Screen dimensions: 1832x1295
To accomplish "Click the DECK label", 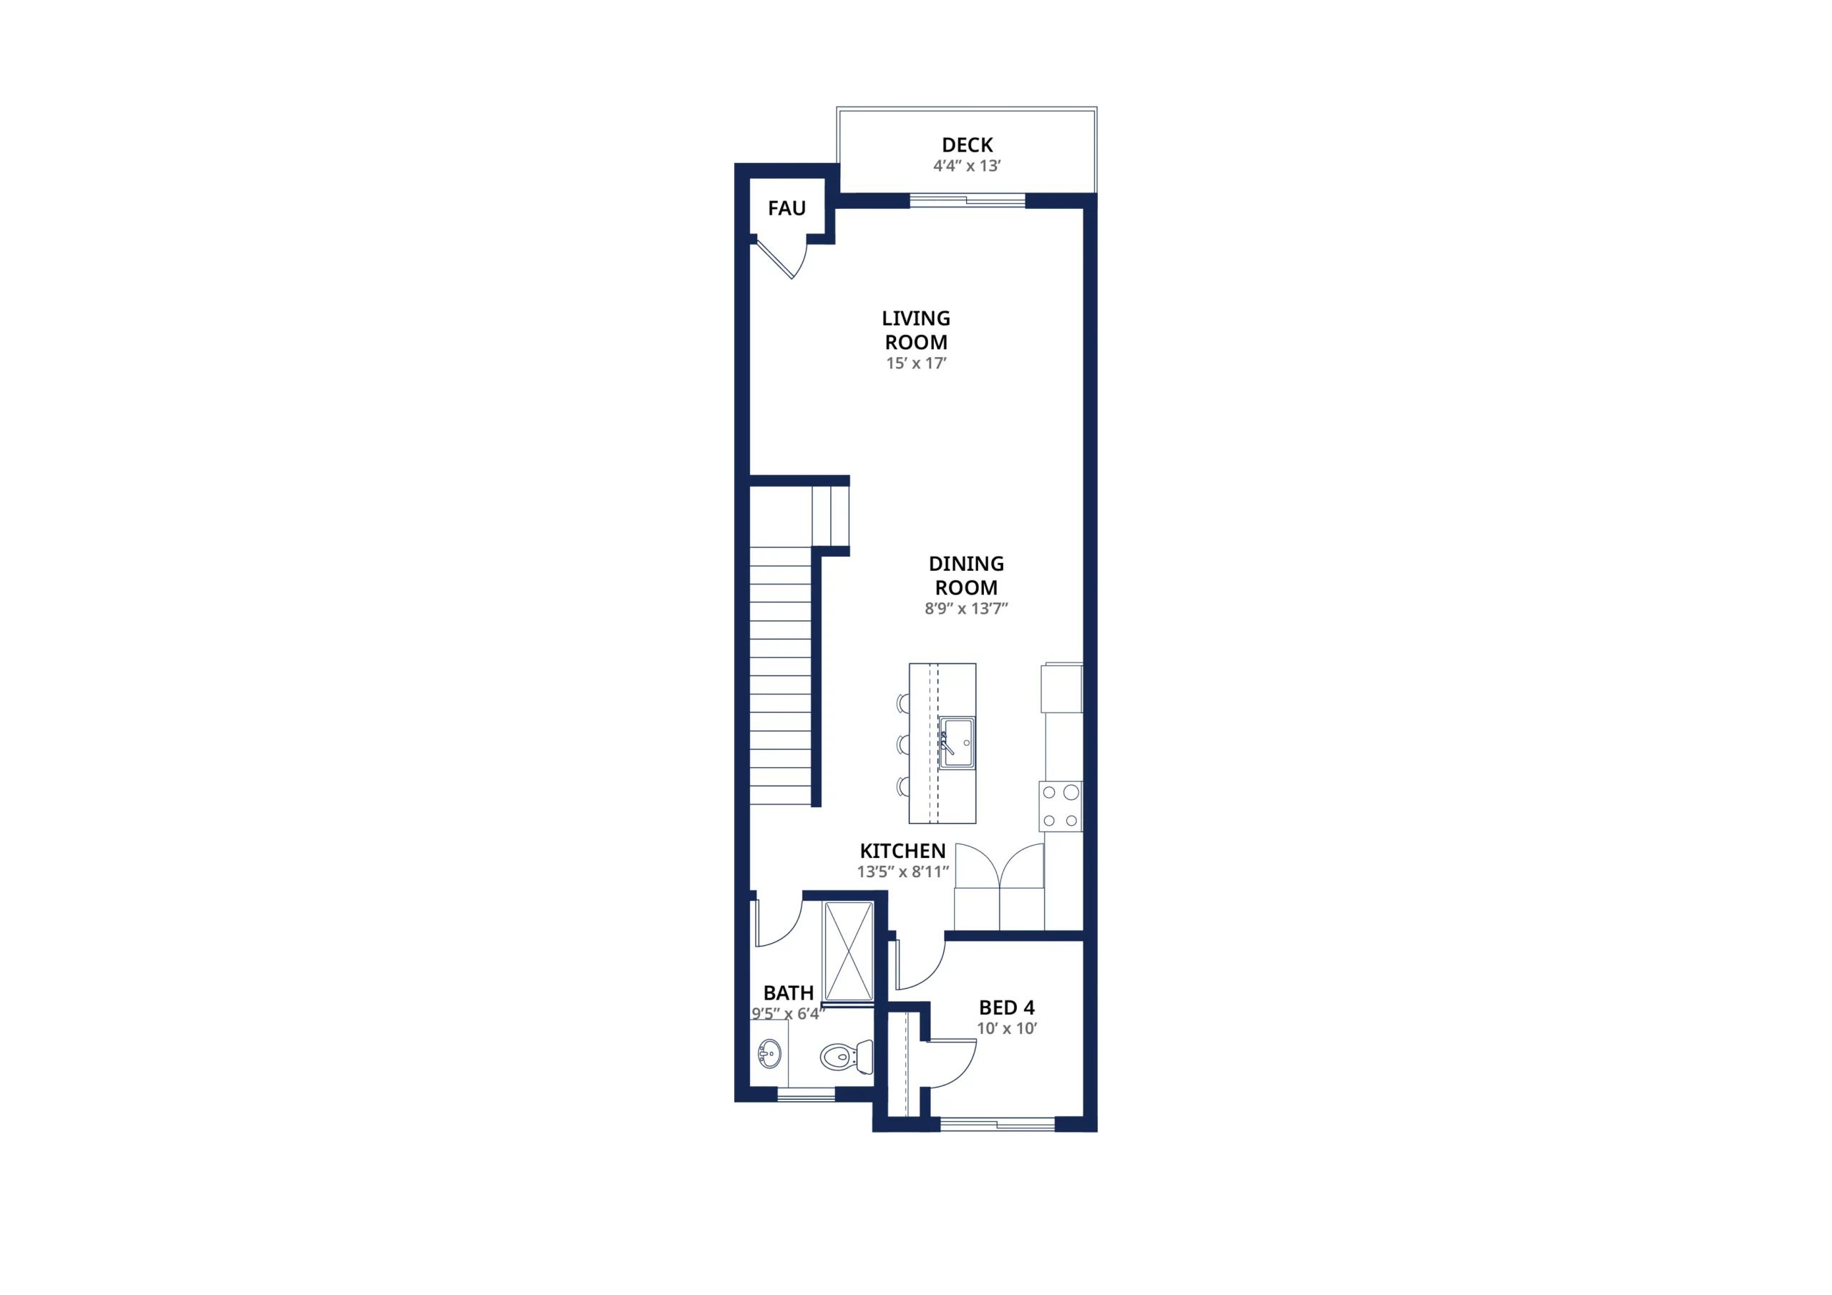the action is pyautogui.click(x=967, y=145).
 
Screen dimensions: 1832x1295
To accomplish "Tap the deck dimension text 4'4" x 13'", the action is pyautogui.click(x=967, y=166).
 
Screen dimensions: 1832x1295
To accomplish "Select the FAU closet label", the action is pyautogui.click(x=786, y=208).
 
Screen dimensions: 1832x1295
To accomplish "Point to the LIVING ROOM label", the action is pyautogui.click(x=916, y=331).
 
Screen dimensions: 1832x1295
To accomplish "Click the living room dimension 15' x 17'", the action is pyautogui.click(x=916, y=363).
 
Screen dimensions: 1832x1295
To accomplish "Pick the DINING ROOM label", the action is pyautogui.click(x=966, y=575).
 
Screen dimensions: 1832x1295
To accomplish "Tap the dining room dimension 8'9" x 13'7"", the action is pyautogui.click(x=966, y=609).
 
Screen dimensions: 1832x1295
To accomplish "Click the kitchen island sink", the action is pyautogui.click(x=957, y=743).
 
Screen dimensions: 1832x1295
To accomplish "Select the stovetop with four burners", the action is pyautogui.click(x=1061, y=806).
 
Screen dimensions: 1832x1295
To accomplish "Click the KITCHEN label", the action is pyautogui.click(x=902, y=851).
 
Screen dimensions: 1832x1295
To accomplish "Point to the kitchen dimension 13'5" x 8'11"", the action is pyautogui.click(x=902, y=872).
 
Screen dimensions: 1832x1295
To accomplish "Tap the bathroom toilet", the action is pyautogui.click(x=847, y=1057).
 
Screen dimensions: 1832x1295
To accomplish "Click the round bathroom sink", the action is pyautogui.click(x=769, y=1053).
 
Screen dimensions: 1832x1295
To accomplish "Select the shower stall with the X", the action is pyautogui.click(x=848, y=951).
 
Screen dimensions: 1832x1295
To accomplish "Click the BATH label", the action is pyautogui.click(x=789, y=993).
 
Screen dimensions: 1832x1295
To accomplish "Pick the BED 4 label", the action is pyautogui.click(x=1006, y=1008).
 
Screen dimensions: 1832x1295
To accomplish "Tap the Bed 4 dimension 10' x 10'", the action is pyautogui.click(x=1006, y=1029).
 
